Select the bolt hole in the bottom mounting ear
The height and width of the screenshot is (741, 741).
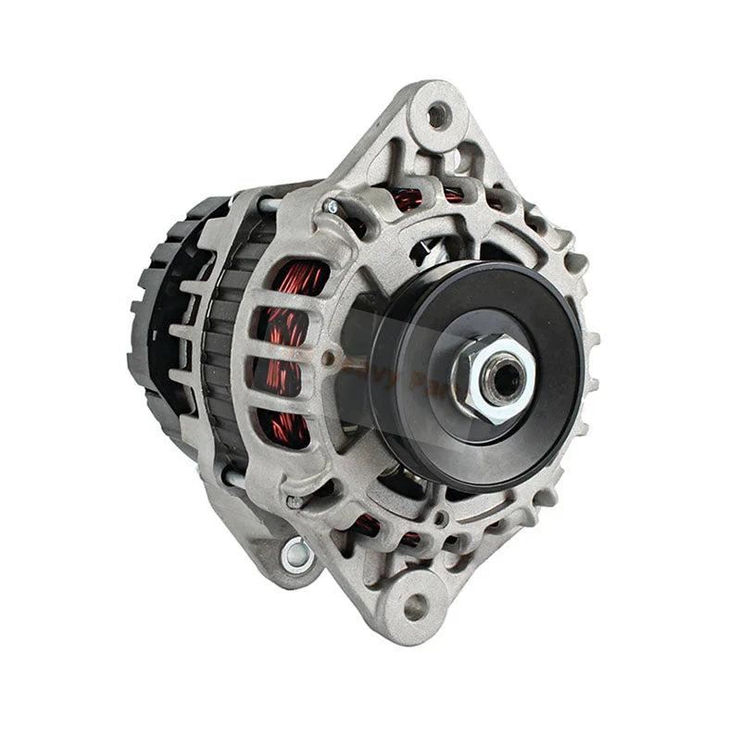(417, 608)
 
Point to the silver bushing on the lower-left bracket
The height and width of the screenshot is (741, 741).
(297, 554)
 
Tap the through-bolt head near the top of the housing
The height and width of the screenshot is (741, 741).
(331, 207)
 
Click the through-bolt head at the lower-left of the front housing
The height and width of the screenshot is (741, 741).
(295, 501)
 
